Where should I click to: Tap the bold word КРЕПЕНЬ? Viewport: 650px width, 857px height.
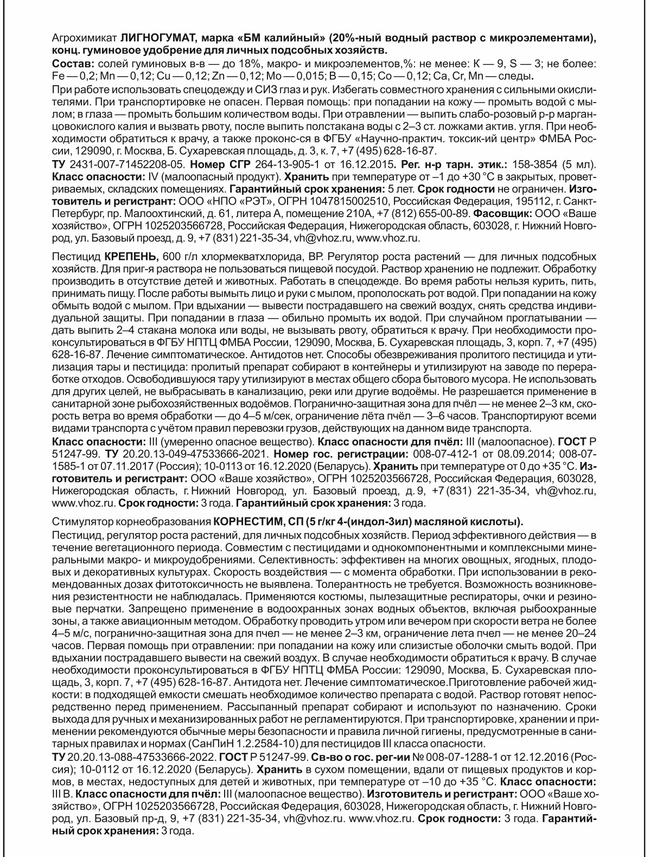pyautogui.click(x=130, y=256)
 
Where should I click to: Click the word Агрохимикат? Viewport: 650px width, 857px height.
pyautogui.click(x=84, y=39)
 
